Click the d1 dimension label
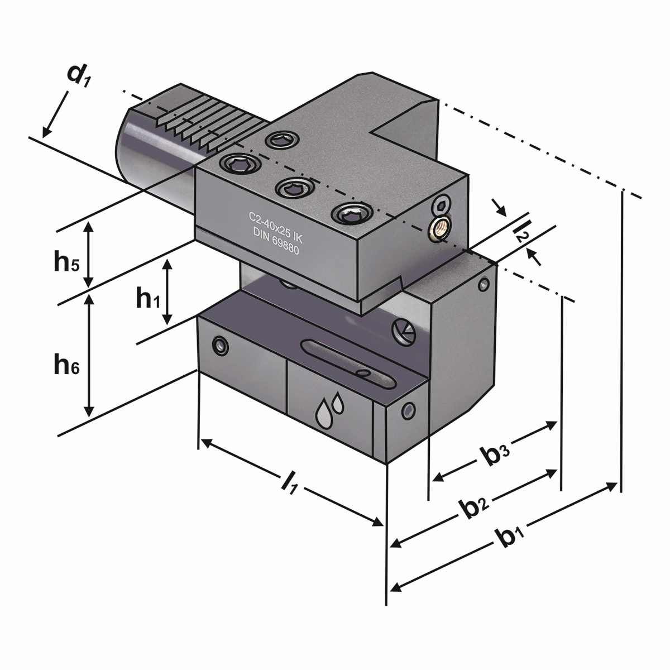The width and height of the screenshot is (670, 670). [x=78, y=76]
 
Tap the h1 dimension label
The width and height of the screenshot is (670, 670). [x=148, y=299]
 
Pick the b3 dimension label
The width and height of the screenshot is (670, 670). [x=495, y=455]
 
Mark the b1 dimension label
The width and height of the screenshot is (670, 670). [x=510, y=538]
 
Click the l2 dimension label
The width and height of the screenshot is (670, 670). [x=520, y=231]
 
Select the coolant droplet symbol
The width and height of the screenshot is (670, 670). [x=329, y=410]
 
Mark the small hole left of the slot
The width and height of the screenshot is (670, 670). [x=221, y=346]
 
